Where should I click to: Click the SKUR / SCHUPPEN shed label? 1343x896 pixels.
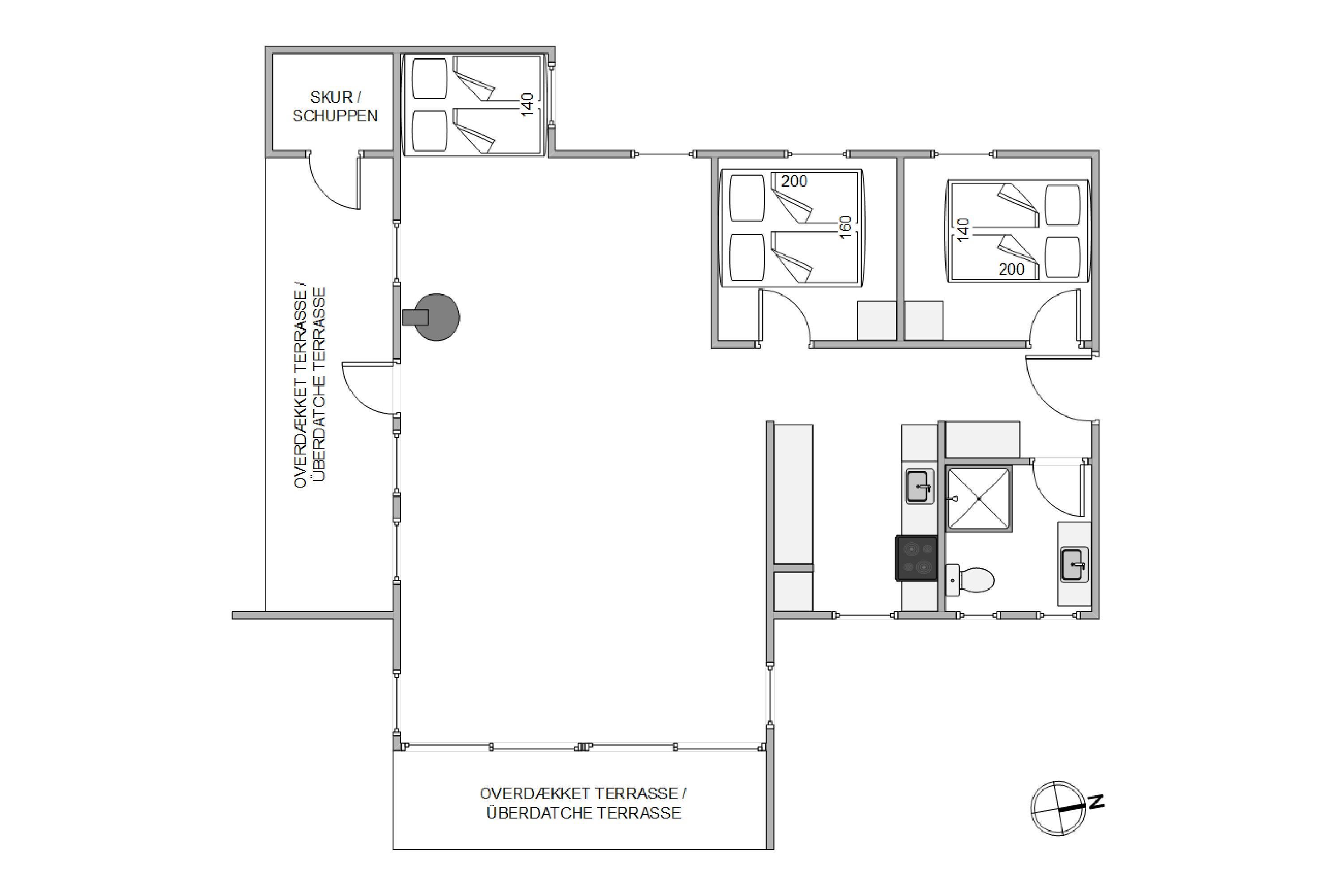click(x=335, y=106)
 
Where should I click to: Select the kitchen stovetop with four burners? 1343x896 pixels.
click(x=917, y=558)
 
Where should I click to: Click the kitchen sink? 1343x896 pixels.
click(x=919, y=486)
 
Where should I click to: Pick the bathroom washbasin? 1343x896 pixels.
click(x=1074, y=565)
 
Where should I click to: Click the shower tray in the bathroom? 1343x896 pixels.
click(x=979, y=499)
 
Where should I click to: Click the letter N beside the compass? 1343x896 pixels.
click(x=1096, y=802)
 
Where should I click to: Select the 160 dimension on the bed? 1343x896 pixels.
click(x=846, y=227)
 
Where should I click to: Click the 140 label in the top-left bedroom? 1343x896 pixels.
click(x=527, y=105)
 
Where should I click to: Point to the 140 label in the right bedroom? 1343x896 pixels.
click(x=963, y=230)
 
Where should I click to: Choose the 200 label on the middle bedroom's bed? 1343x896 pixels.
click(x=794, y=181)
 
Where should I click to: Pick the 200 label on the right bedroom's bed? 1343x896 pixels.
click(x=1011, y=269)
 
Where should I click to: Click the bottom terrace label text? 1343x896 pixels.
click(x=583, y=803)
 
